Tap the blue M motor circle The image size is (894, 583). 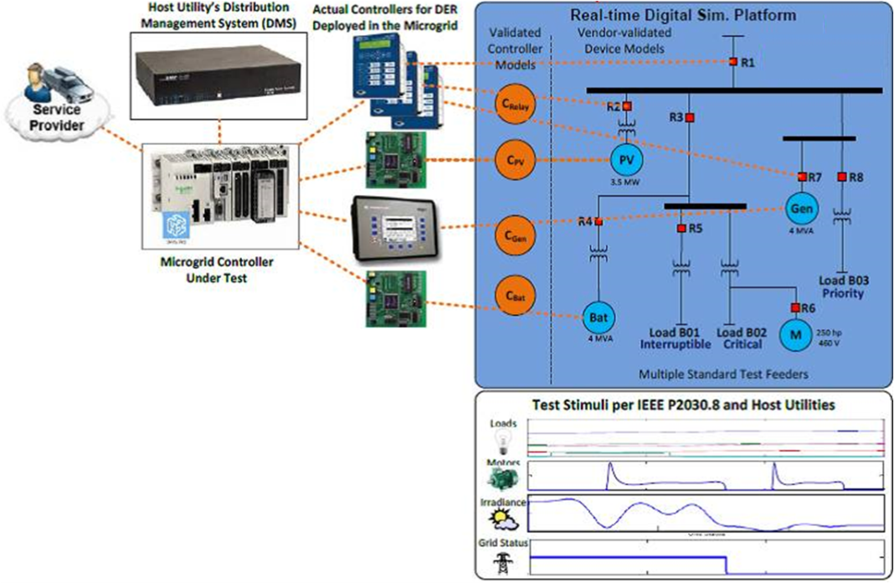pos(796,334)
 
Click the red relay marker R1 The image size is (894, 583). pos(733,63)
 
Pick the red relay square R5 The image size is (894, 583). pos(681,228)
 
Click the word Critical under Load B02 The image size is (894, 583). pos(742,344)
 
